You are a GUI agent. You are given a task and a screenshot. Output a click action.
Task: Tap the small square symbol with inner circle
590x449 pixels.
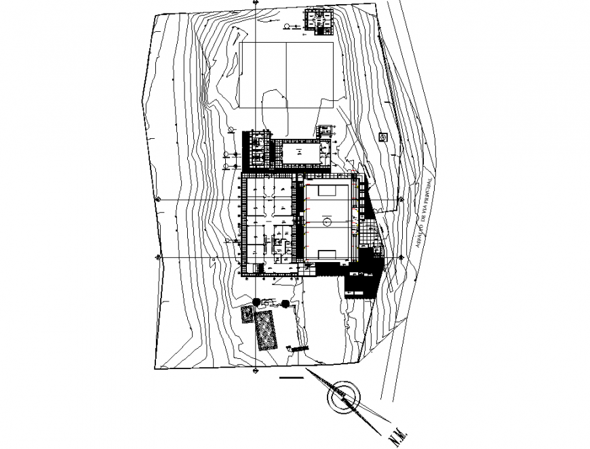tap(383, 137)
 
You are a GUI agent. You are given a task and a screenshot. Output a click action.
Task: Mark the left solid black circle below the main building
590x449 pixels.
tap(256, 302)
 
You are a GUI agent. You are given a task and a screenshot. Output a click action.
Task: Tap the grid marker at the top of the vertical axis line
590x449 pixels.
tap(256, 3)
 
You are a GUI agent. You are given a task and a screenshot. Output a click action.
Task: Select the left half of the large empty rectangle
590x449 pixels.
tap(264, 74)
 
